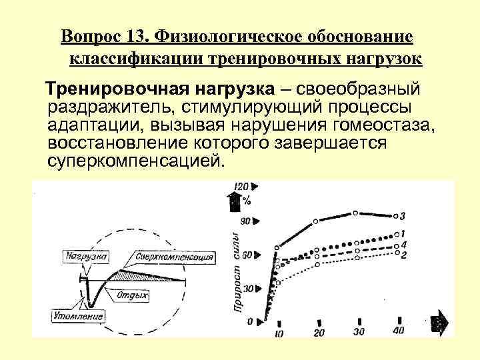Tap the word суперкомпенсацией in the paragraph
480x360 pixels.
click(133, 162)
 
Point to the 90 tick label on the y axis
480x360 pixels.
click(245, 221)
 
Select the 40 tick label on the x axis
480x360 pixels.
click(399, 331)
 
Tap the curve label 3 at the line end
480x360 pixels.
click(403, 216)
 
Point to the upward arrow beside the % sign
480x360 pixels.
click(233, 199)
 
